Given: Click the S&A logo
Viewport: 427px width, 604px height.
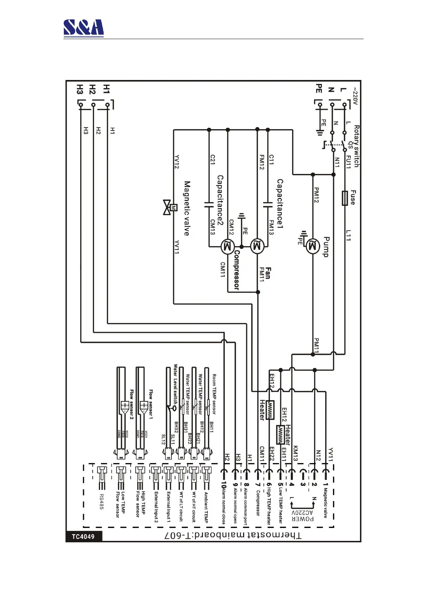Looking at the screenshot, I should (84, 28).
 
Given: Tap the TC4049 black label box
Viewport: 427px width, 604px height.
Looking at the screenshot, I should (83, 537).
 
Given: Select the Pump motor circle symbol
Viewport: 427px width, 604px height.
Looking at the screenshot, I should (313, 246).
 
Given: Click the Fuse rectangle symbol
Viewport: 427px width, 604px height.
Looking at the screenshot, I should (345, 198).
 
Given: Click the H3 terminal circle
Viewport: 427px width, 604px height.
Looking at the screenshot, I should (81, 105).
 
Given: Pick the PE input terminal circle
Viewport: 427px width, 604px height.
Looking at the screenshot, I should (320, 105).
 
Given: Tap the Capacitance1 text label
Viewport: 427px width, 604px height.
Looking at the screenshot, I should (280, 204).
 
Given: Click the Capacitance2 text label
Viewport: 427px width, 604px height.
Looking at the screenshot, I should (220, 200).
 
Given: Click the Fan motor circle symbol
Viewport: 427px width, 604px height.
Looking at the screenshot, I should (257, 246).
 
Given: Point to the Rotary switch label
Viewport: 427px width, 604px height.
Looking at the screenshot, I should (356, 146).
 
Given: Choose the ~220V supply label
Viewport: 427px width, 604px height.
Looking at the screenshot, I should (355, 96).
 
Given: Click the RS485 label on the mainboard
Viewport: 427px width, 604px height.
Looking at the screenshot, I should (101, 502).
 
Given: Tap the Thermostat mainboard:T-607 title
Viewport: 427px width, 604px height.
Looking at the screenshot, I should (233, 535).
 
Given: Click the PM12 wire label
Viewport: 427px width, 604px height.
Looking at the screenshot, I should (316, 195).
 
